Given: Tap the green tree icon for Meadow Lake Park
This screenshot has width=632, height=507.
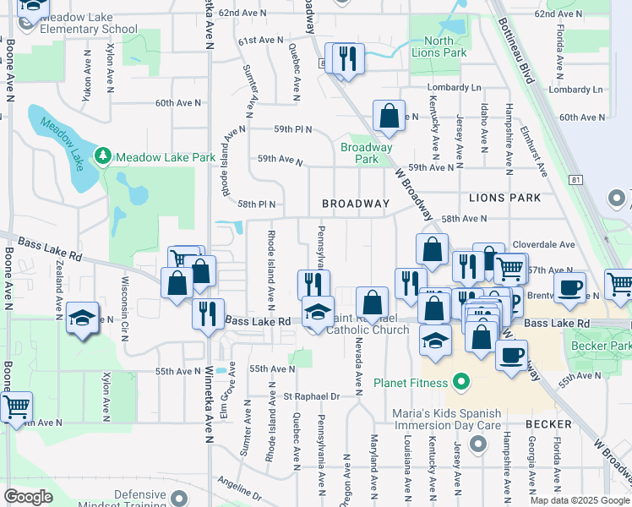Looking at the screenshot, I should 103,156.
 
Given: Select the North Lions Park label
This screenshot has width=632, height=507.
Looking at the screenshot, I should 439,46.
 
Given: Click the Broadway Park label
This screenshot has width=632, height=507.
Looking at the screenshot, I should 366,152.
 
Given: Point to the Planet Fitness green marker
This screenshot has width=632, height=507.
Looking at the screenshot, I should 461,383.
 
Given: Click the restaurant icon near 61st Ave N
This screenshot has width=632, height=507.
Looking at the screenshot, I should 347,59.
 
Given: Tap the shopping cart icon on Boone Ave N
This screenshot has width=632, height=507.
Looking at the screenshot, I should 15,407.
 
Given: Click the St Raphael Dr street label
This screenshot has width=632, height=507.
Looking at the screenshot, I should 311,395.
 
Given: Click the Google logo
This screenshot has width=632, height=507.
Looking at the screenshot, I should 28,497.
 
